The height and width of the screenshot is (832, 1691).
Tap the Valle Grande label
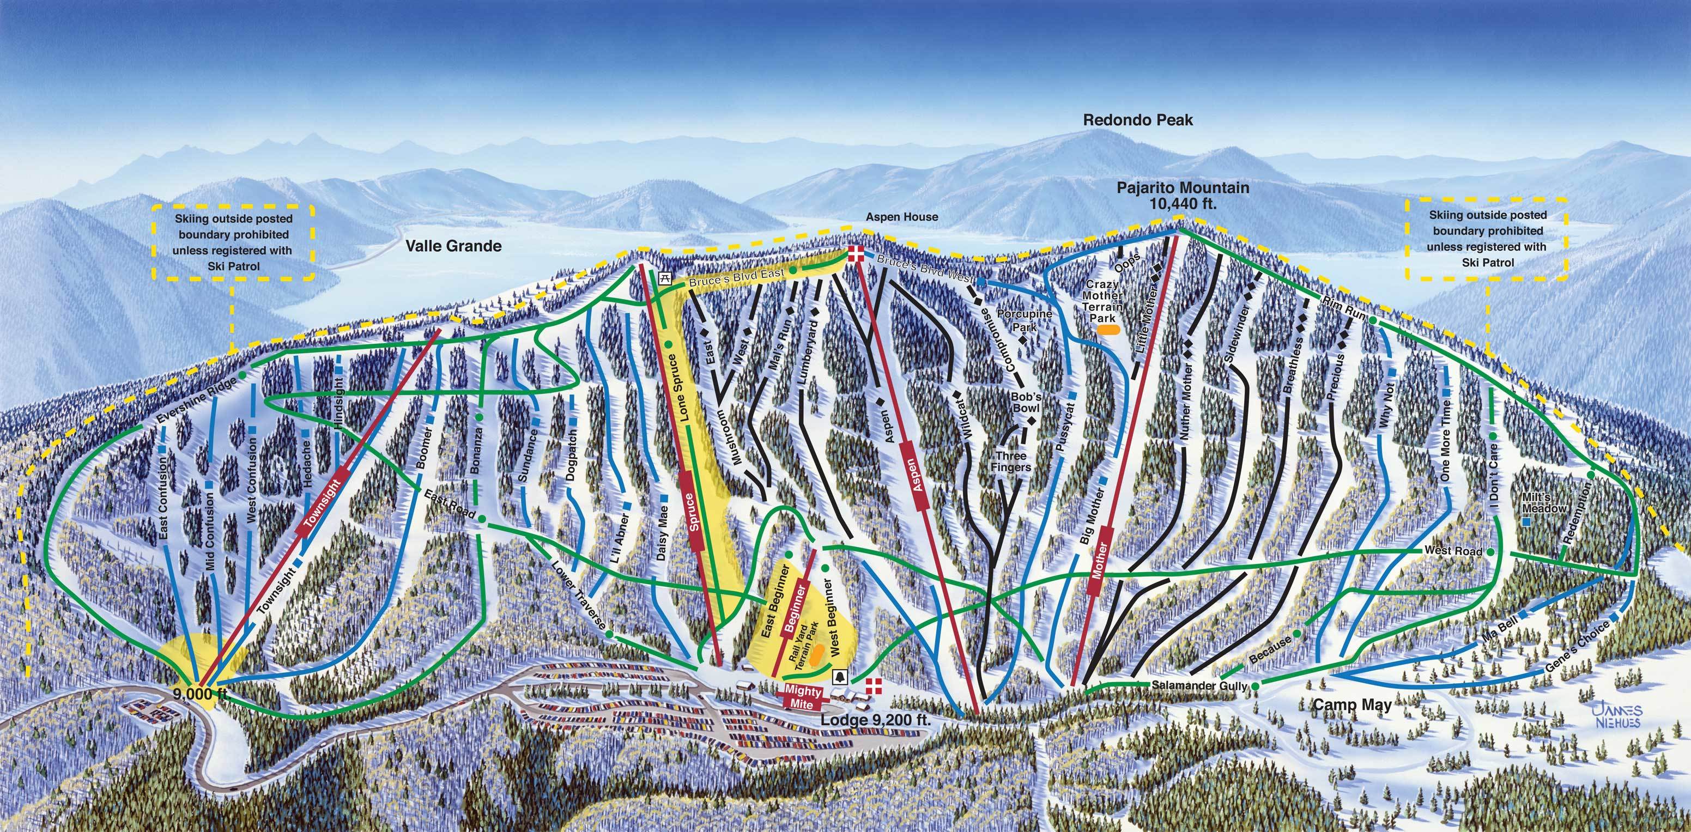pyautogui.click(x=453, y=246)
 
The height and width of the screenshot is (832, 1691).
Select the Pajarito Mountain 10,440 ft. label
pyautogui.click(x=1183, y=196)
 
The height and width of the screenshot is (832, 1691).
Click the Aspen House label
pyautogui.click(x=902, y=216)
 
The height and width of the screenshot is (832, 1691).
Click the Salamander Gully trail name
pyautogui.click(x=1199, y=685)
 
